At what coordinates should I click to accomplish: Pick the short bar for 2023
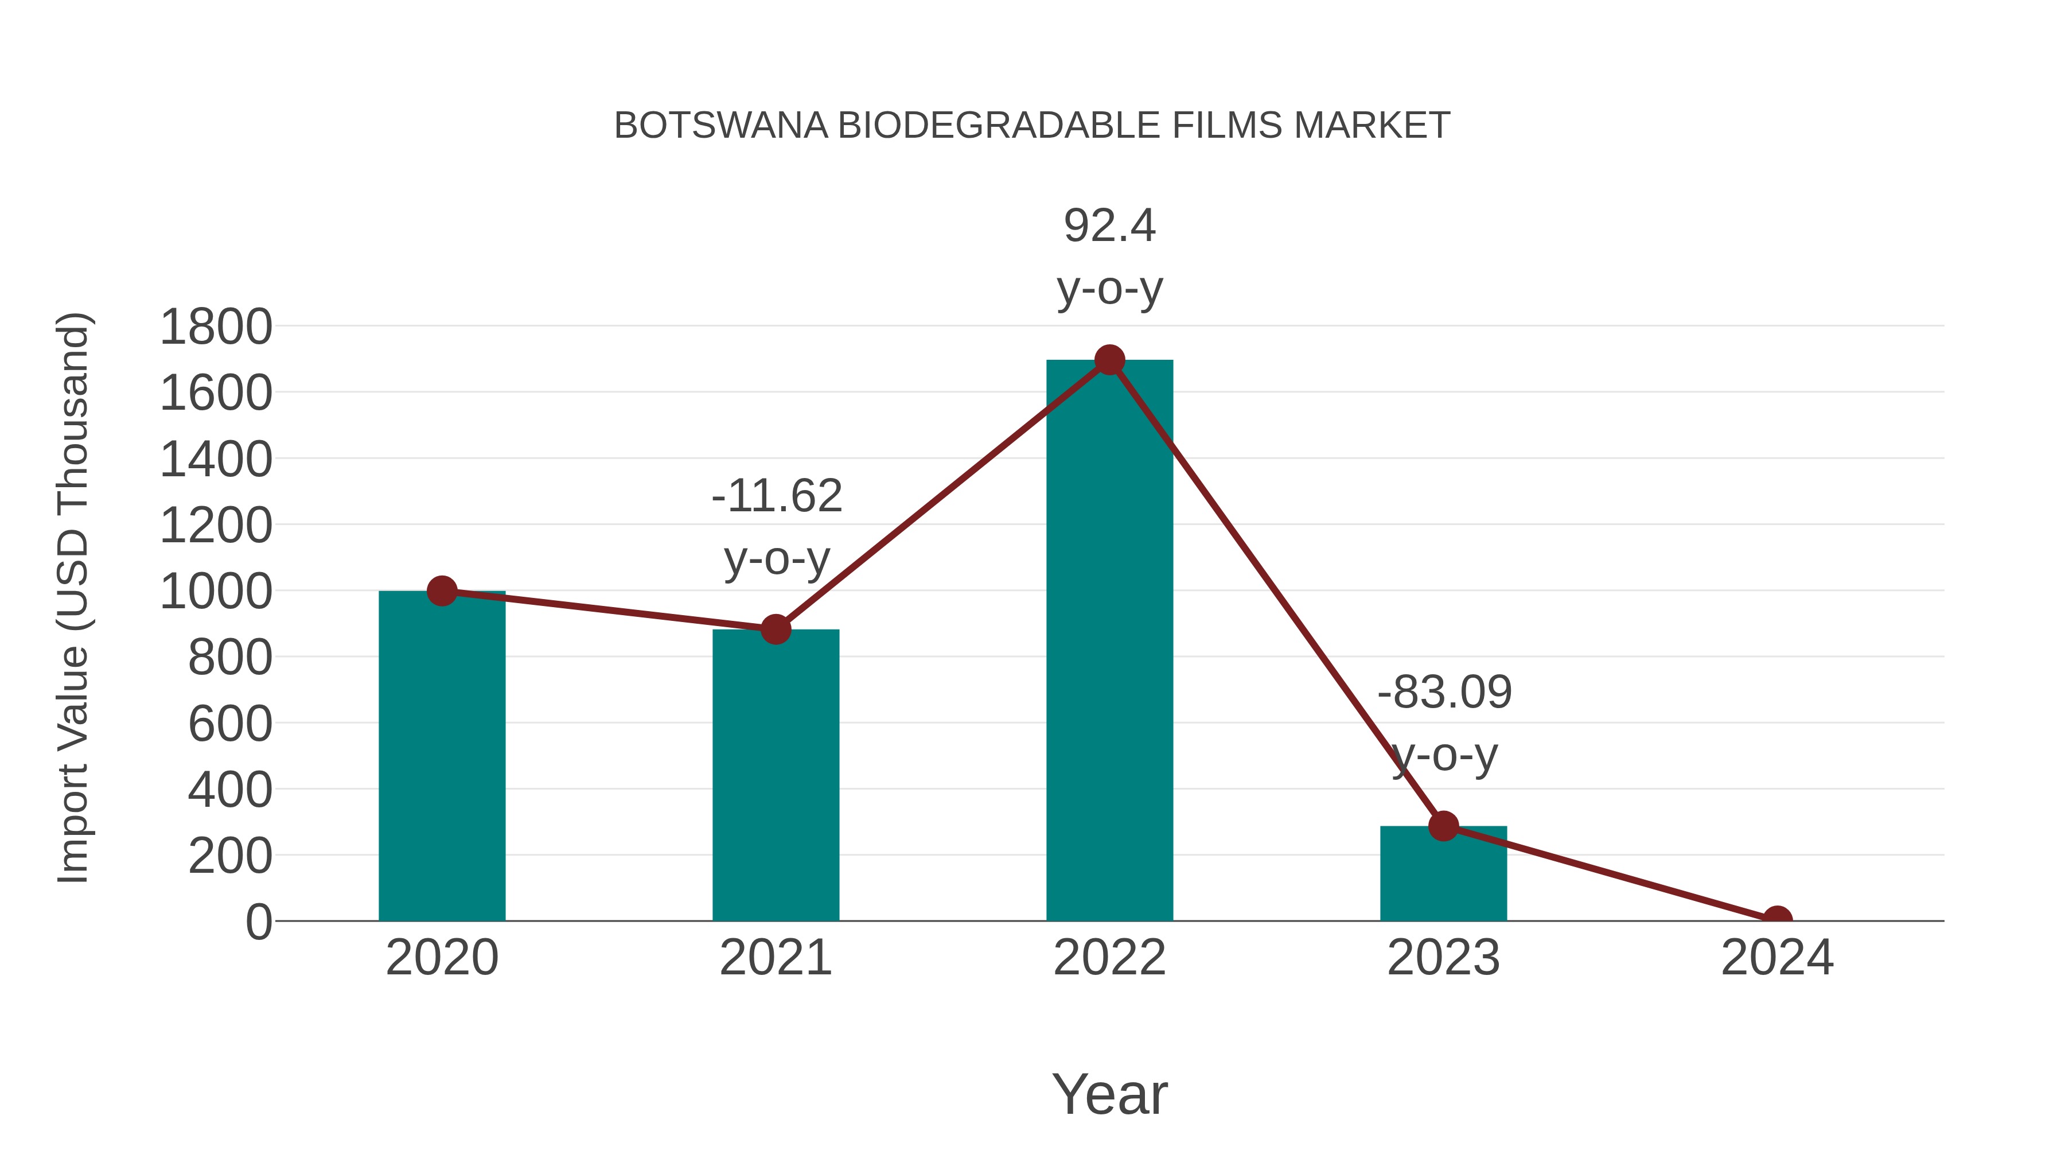click(1443, 873)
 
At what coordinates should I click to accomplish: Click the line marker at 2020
click(442, 591)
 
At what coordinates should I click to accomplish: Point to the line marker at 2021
click(775, 629)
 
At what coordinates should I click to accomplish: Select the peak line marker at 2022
click(1109, 360)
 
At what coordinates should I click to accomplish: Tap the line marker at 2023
click(1443, 826)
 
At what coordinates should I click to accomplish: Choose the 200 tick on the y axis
click(230, 857)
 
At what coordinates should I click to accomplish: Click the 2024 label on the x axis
click(1777, 958)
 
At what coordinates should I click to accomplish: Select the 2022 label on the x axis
click(1109, 958)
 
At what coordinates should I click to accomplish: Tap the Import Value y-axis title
click(72, 597)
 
